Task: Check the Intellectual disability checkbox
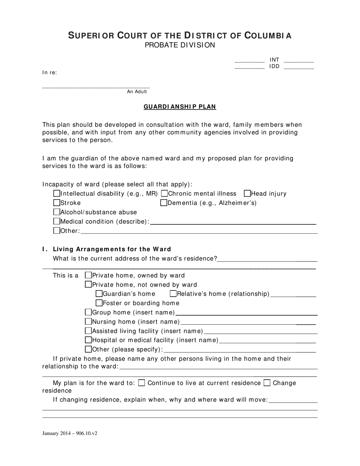click(x=57, y=194)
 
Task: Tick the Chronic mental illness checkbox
click(x=164, y=194)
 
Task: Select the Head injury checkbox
click(x=247, y=194)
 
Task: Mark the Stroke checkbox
click(x=57, y=203)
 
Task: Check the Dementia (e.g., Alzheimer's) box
click(x=164, y=203)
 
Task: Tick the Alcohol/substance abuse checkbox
click(x=57, y=212)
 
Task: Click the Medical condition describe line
click(x=233, y=222)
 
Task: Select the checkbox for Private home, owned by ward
click(x=89, y=275)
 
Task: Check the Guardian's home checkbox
click(x=99, y=294)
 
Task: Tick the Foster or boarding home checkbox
click(x=99, y=303)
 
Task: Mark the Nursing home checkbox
click(x=89, y=322)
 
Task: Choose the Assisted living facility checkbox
click(x=89, y=331)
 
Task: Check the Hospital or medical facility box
click(x=89, y=340)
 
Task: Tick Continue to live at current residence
click(x=142, y=383)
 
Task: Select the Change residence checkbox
click(x=267, y=383)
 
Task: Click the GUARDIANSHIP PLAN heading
click(x=180, y=107)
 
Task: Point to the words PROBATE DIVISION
click(x=180, y=45)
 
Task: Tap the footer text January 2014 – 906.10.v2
click(x=70, y=433)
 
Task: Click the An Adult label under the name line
click(x=137, y=92)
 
